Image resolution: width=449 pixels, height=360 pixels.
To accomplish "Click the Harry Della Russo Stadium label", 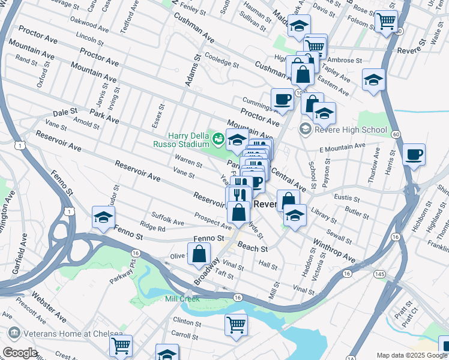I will click(188, 140).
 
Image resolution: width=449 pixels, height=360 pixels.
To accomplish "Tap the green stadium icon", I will click(218, 140).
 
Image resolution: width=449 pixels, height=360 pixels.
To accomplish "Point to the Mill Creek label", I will click(182, 298).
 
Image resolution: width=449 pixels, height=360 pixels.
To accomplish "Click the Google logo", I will click(20, 353).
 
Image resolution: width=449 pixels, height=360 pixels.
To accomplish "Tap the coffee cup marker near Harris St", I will click(414, 155).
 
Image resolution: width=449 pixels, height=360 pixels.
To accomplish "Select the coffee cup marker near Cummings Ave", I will click(282, 100).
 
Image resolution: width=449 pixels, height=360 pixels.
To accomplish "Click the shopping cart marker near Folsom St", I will click(386, 21).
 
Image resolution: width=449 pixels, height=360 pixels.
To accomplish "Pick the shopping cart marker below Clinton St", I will click(236, 324).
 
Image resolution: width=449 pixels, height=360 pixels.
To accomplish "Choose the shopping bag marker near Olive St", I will click(199, 254).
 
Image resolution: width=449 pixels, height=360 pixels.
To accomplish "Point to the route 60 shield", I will click(396, 134).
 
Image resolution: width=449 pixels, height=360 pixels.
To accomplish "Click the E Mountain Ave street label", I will click(342, 147).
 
